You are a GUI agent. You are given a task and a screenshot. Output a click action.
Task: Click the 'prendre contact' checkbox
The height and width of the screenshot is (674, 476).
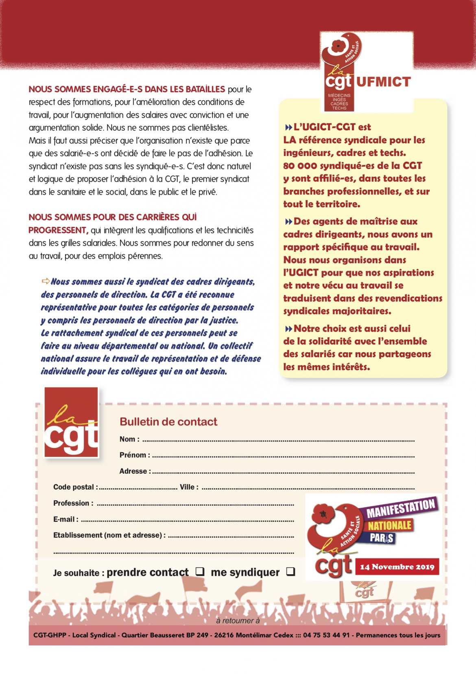[200, 571]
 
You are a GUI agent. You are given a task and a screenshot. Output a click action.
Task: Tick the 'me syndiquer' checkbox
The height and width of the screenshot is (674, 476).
[290, 571]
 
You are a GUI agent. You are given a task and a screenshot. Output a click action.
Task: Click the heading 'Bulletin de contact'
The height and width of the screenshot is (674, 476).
[168, 422]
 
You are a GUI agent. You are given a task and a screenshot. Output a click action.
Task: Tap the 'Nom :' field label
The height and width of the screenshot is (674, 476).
[129, 439]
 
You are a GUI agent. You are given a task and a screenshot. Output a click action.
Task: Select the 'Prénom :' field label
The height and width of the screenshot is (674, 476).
[135, 455]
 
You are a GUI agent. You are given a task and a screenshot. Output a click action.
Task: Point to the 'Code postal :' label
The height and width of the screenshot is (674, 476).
[75, 487]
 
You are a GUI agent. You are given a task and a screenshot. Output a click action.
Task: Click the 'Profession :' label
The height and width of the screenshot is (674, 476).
[73, 503]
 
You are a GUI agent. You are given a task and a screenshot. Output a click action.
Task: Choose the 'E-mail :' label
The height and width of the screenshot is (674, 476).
[66, 519]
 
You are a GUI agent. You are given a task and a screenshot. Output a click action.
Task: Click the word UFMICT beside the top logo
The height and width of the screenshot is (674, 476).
[384, 82]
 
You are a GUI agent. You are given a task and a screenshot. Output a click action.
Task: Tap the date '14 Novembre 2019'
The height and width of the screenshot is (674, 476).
[397, 567]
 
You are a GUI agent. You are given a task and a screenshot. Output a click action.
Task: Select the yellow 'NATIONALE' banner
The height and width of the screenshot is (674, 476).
[390, 525]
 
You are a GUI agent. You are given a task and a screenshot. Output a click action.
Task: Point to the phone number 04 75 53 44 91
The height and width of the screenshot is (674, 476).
[326, 635]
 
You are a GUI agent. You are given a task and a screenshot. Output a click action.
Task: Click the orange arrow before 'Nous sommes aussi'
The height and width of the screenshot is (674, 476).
[46, 281]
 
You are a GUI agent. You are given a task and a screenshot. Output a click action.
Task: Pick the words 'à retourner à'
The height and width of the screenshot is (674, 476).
[238, 621]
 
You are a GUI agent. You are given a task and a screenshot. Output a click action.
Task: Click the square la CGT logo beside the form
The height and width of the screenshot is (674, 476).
[71, 422]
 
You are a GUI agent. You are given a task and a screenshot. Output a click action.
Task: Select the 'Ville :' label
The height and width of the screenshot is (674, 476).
[189, 487]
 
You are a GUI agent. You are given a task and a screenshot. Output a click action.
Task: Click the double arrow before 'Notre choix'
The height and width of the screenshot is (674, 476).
[288, 329]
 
